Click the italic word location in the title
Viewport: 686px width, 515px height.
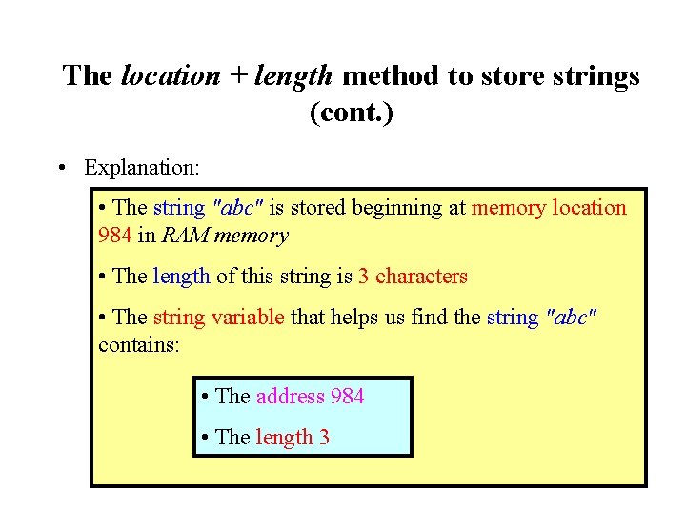[x=171, y=76]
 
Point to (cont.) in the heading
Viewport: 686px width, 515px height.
[x=351, y=113]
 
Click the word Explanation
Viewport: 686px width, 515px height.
[x=142, y=168]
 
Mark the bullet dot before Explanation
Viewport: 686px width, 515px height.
[x=61, y=168]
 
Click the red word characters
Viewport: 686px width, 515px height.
[x=421, y=277]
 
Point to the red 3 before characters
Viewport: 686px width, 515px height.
[x=363, y=277]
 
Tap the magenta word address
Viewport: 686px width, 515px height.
[x=290, y=396]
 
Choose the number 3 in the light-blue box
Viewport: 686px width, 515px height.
[x=324, y=438]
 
